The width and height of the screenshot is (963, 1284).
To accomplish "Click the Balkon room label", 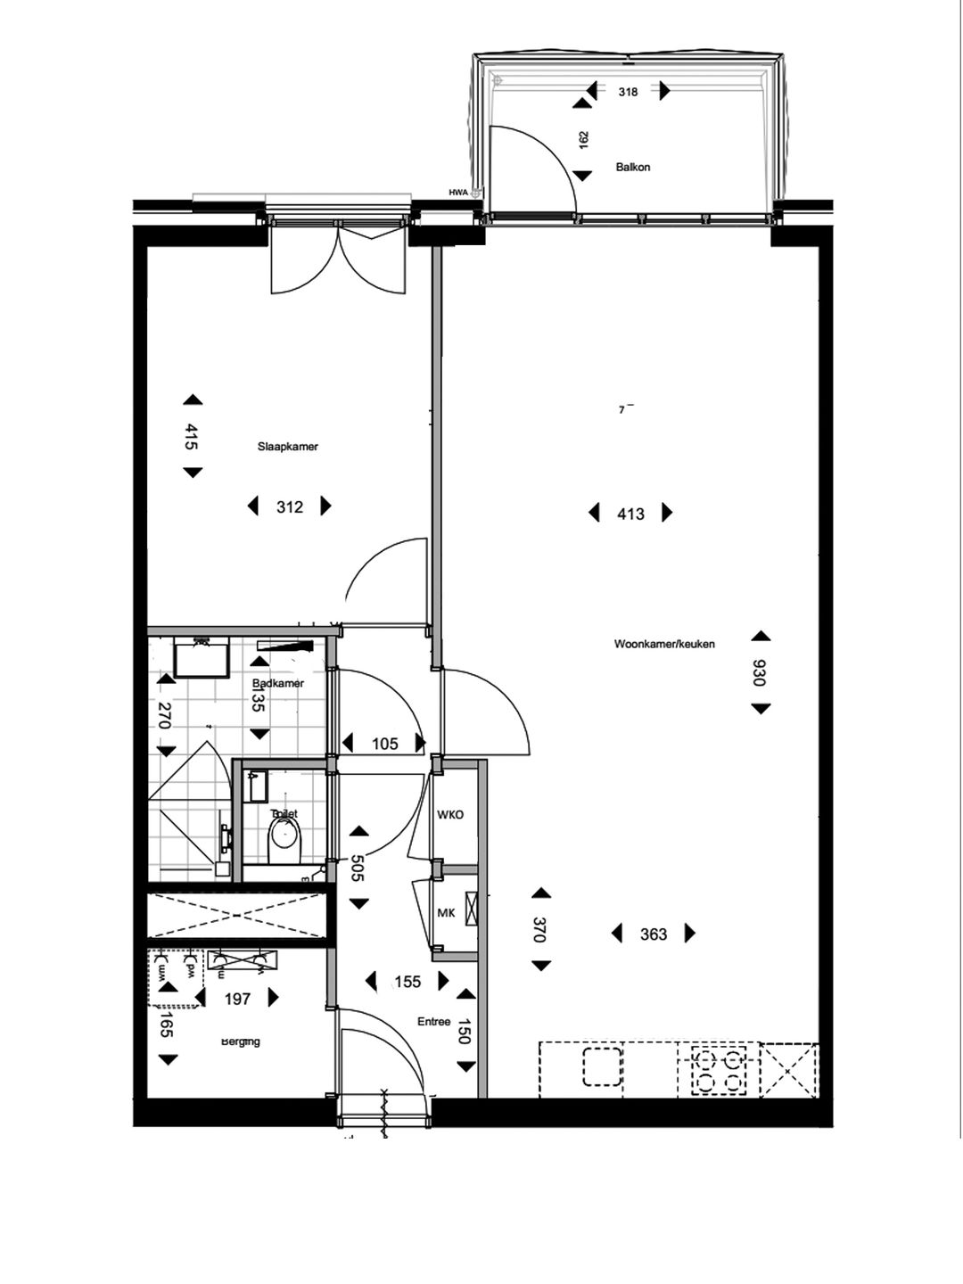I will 632,167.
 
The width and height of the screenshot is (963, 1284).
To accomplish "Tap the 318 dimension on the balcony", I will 628,91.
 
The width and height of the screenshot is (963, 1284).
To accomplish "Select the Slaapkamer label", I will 288,447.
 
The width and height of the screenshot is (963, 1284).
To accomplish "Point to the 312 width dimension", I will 290,507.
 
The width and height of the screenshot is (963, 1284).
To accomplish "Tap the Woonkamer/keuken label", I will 664,644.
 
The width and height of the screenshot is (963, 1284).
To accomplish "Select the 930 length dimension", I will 760,672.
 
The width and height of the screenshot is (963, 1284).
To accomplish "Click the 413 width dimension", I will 630,514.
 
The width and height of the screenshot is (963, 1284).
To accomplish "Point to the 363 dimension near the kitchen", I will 654,934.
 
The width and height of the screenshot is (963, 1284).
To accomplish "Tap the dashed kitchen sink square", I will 602,1067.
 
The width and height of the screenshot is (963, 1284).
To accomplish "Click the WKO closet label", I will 450,815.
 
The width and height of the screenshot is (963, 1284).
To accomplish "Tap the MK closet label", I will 447,914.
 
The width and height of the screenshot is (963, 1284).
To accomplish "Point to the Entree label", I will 434,1022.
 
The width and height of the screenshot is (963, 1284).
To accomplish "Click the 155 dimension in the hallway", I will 407,982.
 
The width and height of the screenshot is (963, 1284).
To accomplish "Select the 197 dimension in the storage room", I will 237,1000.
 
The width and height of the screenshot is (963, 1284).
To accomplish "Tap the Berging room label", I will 241,1041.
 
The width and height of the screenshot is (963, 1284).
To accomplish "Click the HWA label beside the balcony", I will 458,192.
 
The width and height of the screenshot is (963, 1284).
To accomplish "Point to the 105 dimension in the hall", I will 384,744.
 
